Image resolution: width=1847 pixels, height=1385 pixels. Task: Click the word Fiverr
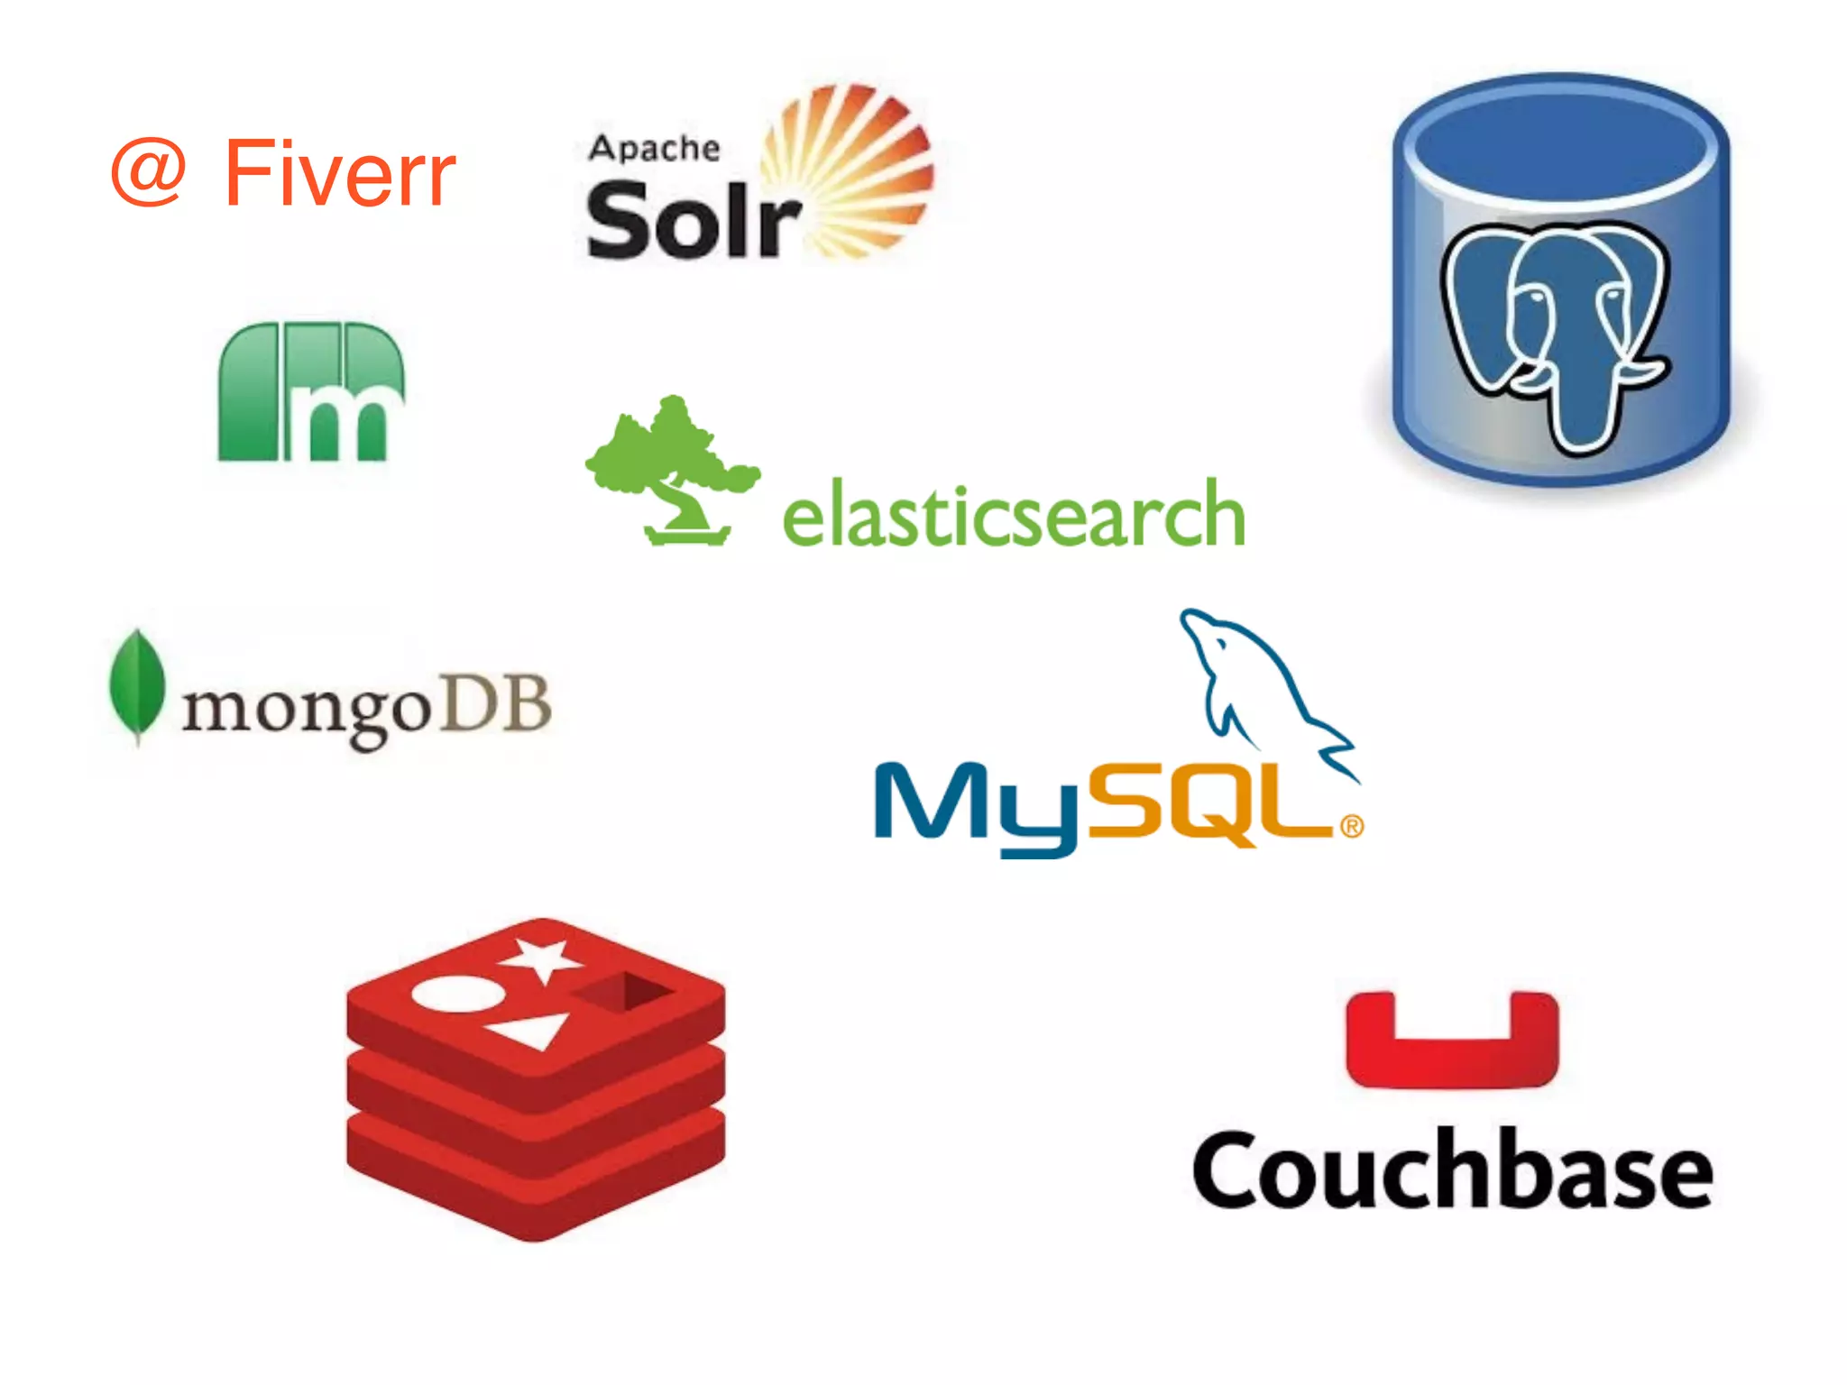click(340, 173)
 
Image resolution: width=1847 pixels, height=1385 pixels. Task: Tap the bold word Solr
click(692, 219)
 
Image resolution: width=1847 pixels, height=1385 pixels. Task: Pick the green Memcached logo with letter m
click(311, 392)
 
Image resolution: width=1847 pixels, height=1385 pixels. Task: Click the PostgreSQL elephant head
click(1556, 329)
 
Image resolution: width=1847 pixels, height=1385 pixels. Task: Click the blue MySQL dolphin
click(1263, 685)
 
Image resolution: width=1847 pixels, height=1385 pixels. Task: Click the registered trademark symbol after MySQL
click(1351, 826)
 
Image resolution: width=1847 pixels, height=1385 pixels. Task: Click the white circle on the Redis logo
click(458, 994)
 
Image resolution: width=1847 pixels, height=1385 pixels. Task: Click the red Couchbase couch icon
click(1452, 1041)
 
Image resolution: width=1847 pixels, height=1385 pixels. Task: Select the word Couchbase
click(1452, 1169)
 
